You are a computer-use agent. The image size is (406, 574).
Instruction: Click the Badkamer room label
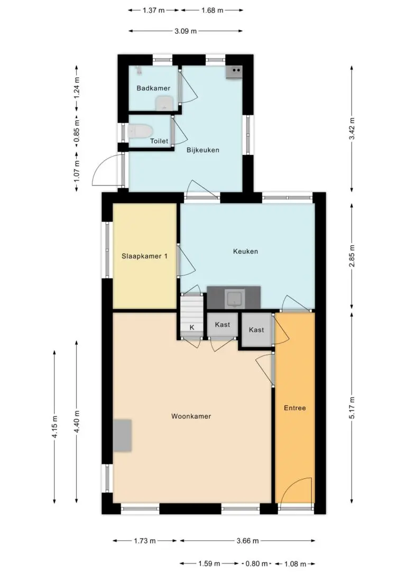pos(153,88)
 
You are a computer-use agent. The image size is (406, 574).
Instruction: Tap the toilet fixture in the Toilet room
pos(140,131)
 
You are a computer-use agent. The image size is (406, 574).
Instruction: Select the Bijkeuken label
pos(203,150)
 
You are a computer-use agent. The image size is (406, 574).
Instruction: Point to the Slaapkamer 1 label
pos(145,256)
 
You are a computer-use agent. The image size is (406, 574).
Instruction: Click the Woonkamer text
pos(191,416)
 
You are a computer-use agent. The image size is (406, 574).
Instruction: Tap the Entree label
pos(294,408)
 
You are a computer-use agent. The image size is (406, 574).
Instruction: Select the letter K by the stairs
pos(192,327)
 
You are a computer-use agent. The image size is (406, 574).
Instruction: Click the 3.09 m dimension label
pos(186,31)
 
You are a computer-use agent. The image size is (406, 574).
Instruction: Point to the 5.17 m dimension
pos(352,408)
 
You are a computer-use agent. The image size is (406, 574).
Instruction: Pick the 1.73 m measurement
pos(145,541)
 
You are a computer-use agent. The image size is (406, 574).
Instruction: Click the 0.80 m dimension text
pos(257,564)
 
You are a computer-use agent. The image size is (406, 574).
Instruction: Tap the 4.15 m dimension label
pos(54,427)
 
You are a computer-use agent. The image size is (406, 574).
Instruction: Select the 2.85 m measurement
pos(352,256)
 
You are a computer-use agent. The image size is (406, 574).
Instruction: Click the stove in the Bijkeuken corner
pos(234,72)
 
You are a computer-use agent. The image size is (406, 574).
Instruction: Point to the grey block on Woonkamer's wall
pos(122,436)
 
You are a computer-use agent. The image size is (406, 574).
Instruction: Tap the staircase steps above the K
pos(192,308)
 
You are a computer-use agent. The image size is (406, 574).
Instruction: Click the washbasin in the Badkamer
pos(164,103)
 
